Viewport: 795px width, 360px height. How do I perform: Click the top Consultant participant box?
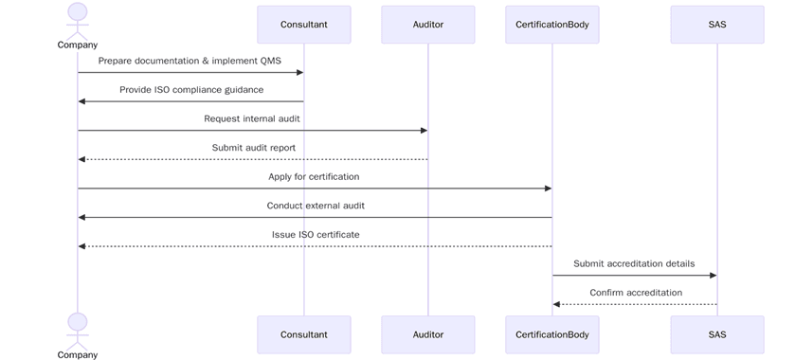pyautogui.click(x=304, y=25)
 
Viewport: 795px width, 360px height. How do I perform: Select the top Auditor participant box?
pyautogui.click(x=427, y=25)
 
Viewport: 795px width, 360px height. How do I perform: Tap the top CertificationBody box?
pyautogui.click(x=552, y=25)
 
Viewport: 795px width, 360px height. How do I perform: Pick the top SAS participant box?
pyautogui.click(x=716, y=25)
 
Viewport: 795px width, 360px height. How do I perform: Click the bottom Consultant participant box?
pyautogui.click(x=304, y=334)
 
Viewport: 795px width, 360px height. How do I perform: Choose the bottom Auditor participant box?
pyautogui.click(x=427, y=334)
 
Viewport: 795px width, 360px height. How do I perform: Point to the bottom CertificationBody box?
pyautogui.click(x=552, y=334)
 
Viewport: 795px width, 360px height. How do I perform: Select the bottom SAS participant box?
pyautogui.click(x=716, y=334)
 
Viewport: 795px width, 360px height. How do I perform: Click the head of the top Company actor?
pyautogui.click(x=78, y=11)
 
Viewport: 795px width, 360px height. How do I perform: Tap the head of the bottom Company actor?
pyautogui.click(x=78, y=322)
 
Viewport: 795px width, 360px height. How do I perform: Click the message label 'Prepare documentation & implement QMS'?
pyautogui.click(x=190, y=61)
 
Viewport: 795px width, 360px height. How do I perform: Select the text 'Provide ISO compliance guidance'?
pyautogui.click(x=191, y=89)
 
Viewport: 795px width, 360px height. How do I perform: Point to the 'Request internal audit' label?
pyautogui.click(x=252, y=118)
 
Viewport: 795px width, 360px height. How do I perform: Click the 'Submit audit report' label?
pyautogui.click(x=253, y=148)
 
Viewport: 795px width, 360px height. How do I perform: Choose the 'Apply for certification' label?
pyautogui.click(x=314, y=176)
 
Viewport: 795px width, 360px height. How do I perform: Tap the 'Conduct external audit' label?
pyautogui.click(x=316, y=206)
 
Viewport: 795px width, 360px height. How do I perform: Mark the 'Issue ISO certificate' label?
pyautogui.click(x=316, y=234)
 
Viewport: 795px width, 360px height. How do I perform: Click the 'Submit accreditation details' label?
pyautogui.click(x=634, y=263)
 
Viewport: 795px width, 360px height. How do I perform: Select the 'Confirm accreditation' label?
pyautogui.click(x=636, y=293)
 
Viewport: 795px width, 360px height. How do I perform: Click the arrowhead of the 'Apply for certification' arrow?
pyautogui.click(x=548, y=189)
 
